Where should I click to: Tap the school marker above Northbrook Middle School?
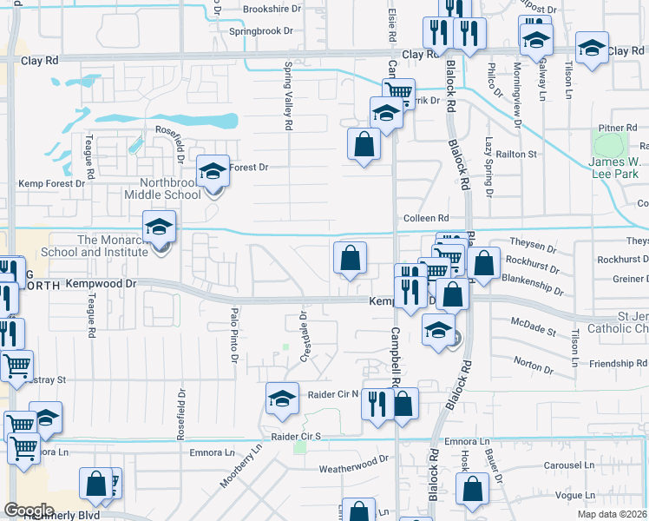212,171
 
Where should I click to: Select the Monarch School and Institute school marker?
159,228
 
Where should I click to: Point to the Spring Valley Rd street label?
287,96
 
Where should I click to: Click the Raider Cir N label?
333,394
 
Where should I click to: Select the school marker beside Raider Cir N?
282,399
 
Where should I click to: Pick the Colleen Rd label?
425,218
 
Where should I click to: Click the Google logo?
28,510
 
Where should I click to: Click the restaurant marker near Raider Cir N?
377,405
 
